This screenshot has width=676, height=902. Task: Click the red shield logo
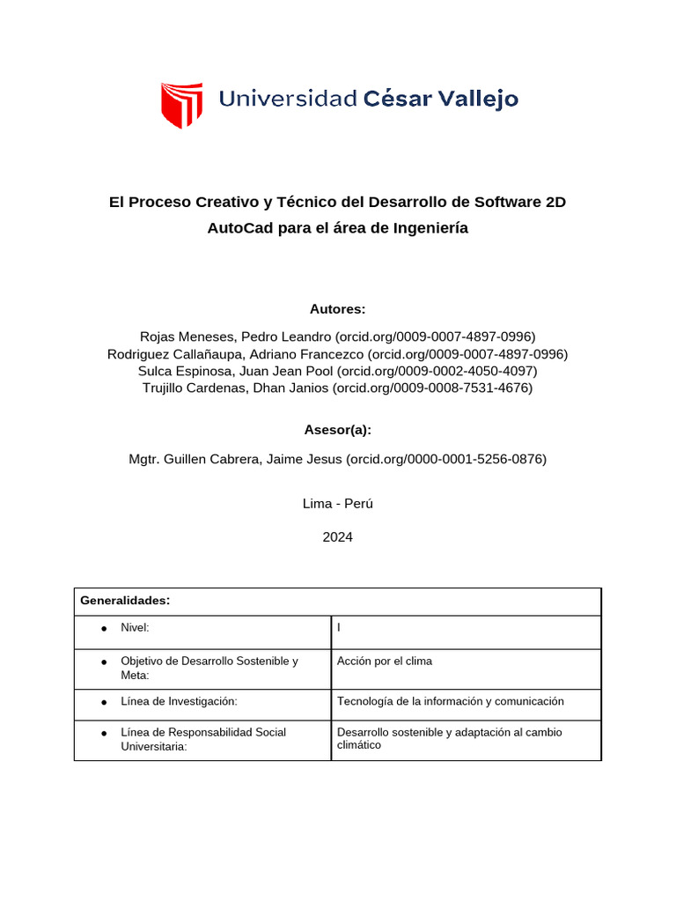[x=181, y=105]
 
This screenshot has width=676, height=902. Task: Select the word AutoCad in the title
[x=237, y=228]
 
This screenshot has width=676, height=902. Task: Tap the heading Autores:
[x=337, y=309]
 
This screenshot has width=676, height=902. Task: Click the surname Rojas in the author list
[x=158, y=336]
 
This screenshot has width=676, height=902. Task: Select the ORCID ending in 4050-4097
[x=437, y=371]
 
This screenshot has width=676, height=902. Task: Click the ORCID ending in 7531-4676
[x=433, y=388]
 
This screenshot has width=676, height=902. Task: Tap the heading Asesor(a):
[x=337, y=430]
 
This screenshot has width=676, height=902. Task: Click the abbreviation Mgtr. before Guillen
[x=146, y=459]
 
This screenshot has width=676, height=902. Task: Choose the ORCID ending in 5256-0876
[x=446, y=459]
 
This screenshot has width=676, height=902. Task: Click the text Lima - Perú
[x=337, y=504]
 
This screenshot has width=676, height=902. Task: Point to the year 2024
[x=337, y=536]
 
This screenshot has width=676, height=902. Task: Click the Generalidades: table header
[x=124, y=601]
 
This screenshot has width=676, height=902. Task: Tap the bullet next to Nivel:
[x=103, y=628]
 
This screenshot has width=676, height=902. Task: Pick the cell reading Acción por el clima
[x=385, y=661]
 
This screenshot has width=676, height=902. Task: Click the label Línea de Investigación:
[x=180, y=701]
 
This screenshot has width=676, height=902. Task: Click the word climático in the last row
[x=359, y=745]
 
